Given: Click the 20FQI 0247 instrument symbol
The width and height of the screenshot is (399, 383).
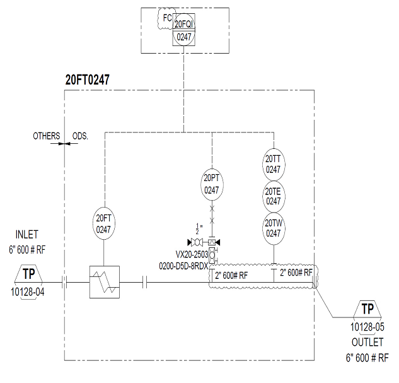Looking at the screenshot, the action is (183, 30).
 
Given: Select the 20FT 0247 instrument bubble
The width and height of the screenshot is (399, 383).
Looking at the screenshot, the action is (103, 223).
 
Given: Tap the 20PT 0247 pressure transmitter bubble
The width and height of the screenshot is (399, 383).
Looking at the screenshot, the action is (212, 184).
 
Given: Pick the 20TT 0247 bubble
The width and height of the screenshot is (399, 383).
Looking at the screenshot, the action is (274, 165).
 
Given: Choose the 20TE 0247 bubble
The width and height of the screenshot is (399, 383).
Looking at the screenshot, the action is (274, 196).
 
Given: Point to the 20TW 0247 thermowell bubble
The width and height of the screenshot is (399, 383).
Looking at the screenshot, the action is (274, 228).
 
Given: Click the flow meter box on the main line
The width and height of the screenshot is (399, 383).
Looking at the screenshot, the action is (105, 282).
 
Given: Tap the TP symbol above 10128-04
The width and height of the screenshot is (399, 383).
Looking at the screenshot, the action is (28, 274).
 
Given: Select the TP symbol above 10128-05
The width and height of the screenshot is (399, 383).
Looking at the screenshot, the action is (367, 309).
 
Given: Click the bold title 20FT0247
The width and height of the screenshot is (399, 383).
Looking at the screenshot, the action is (88, 80).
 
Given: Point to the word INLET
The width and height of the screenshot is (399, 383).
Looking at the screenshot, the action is (26, 235).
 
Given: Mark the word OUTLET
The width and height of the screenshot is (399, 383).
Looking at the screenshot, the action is (367, 342).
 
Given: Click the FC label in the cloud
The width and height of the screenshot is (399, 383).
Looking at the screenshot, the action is (168, 18).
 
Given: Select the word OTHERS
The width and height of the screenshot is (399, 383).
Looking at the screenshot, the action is (47, 136).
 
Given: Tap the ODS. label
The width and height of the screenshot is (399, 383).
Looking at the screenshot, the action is (80, 136).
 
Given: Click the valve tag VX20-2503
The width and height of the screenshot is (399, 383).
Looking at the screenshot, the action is (192, 254).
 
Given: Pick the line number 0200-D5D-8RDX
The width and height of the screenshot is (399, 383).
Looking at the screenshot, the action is (183, 266).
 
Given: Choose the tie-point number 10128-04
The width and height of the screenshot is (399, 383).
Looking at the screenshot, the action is (28, 292).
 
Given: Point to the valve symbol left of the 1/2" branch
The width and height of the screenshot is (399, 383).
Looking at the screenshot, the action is (197, 242).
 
